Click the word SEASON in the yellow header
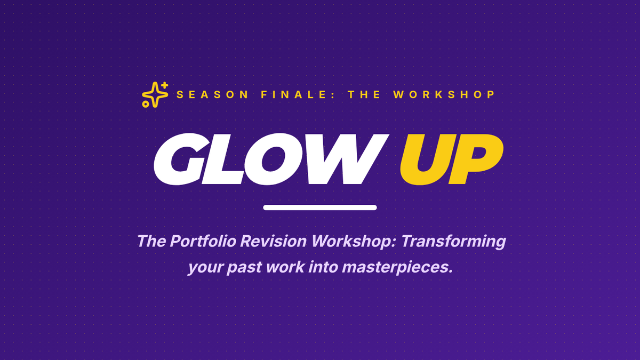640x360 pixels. click(212, 94)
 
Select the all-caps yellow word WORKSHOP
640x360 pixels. click(444, 94)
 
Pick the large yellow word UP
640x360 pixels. click(451, 159)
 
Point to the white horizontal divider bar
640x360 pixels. click(320, 207)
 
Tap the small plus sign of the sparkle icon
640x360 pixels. click(165, 85)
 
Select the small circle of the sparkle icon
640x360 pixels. click(146, 104)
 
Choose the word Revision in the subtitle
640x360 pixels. click(274, 241)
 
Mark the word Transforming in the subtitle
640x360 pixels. click(453, 242)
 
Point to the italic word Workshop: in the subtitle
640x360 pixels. click(354, 242)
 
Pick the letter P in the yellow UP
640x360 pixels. click(476, 159)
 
